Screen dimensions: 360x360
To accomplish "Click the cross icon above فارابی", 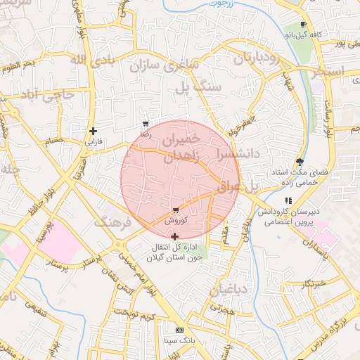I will pos(93,131).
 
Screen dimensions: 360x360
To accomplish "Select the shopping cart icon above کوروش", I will pos(175,210).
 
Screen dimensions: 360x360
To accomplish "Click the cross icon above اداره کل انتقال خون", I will pos(174,237).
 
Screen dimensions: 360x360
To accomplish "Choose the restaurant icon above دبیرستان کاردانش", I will pos(288,201).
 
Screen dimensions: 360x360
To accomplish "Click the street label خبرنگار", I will pos(315,284).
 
